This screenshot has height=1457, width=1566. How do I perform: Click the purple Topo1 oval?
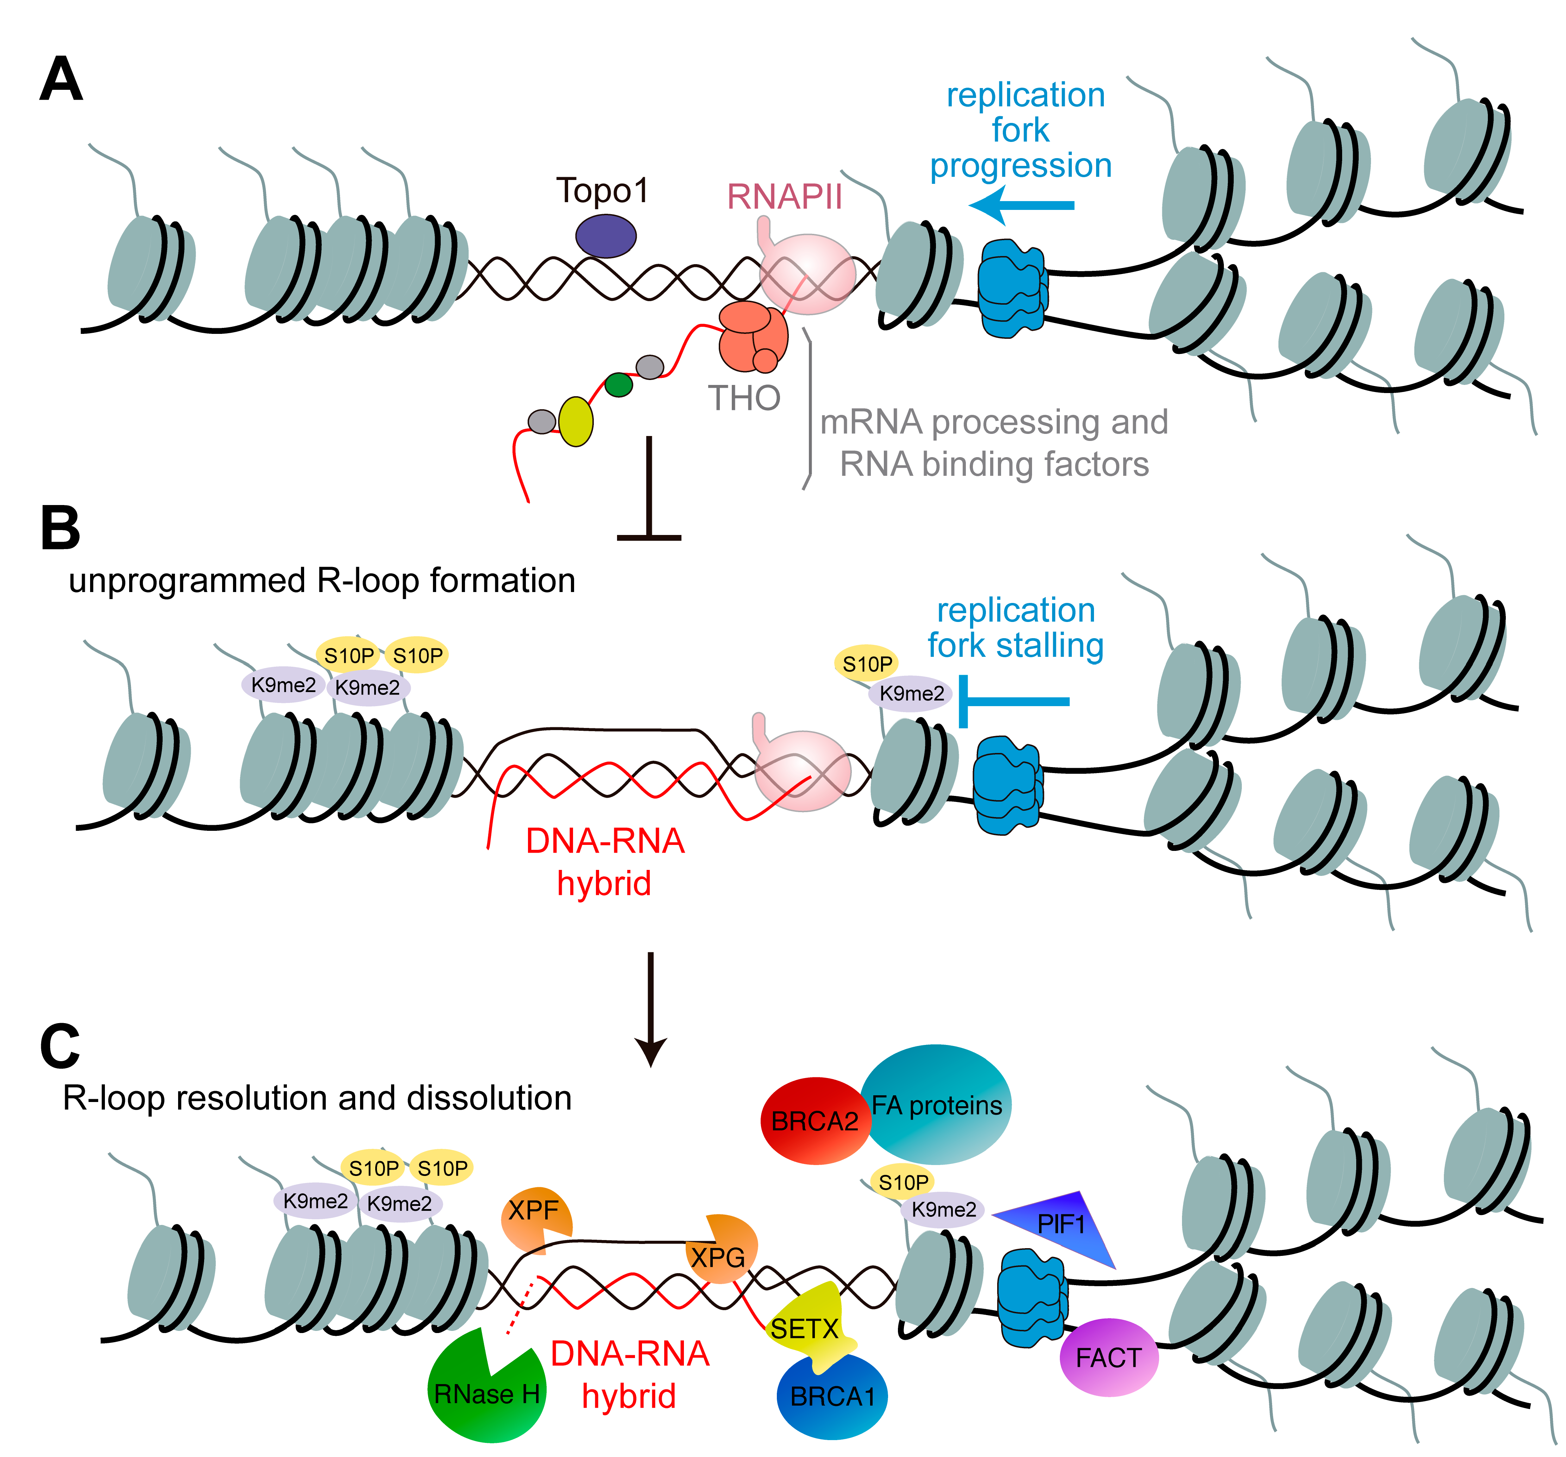tap(605, 236)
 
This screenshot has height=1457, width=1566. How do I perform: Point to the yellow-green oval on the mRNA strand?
tap(576, 422)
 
